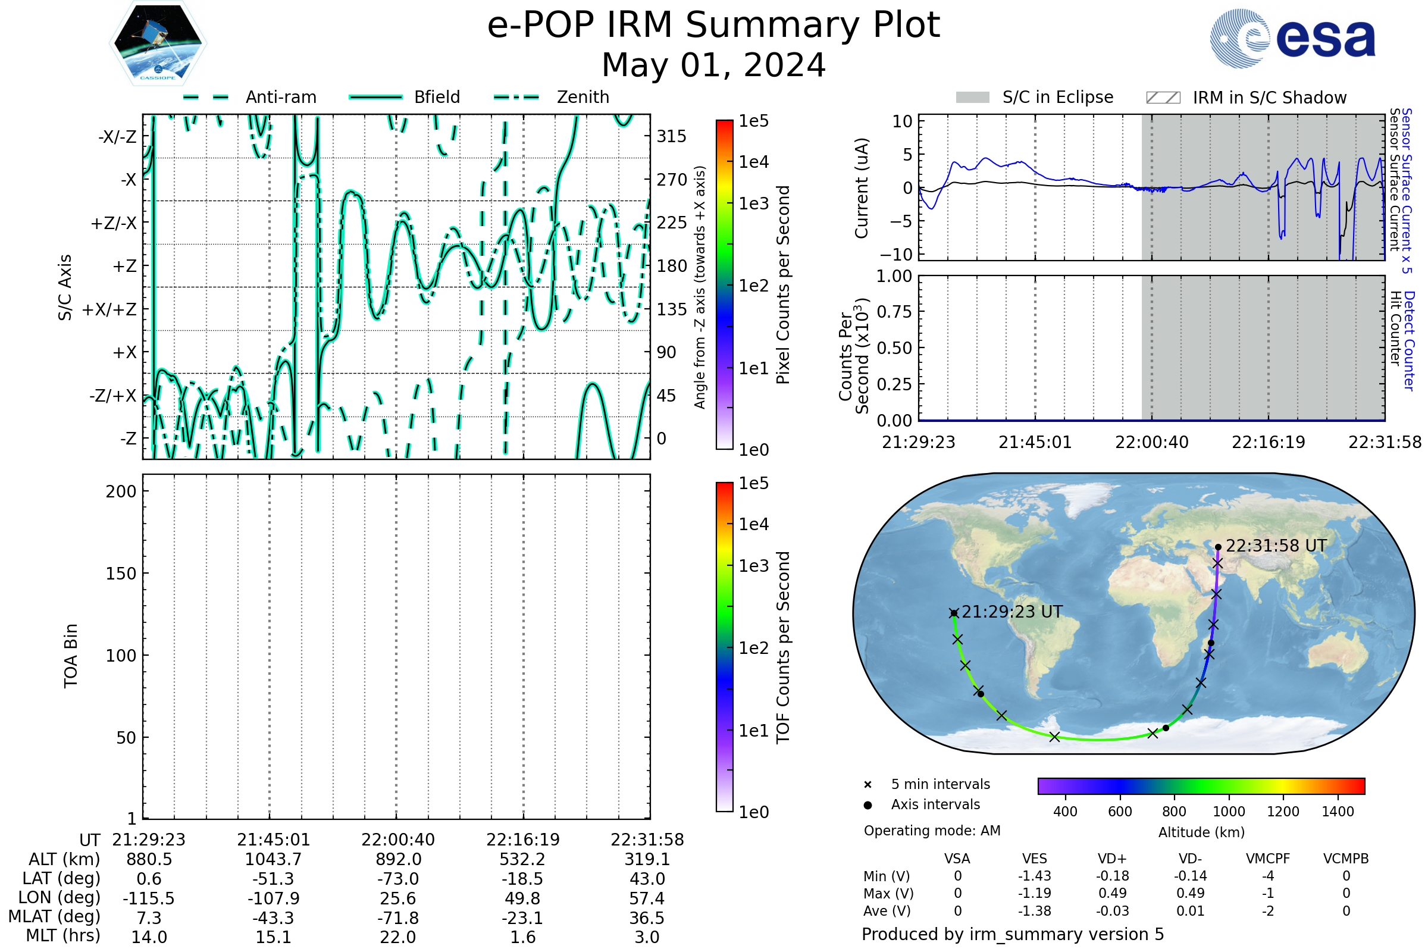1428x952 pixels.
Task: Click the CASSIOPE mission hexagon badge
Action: tap(158, 42)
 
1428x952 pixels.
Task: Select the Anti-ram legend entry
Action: tap(249, 97)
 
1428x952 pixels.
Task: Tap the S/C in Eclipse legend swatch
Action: tap(973, 97)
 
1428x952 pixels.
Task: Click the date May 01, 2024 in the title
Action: tap(713, 65)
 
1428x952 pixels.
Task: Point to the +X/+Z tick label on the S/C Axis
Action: tap(109, 309)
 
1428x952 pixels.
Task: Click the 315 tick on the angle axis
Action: tap(672, 136)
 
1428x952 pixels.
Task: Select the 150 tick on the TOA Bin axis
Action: tap(121, 574)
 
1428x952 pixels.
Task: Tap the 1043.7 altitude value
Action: tap(273, 859)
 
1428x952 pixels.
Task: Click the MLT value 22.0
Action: tap(397, 937)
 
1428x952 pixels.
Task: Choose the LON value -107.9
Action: tap(273, 898)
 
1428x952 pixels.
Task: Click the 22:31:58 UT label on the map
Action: tap(1276, 546)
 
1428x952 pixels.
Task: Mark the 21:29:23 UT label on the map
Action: tap(1012, 612)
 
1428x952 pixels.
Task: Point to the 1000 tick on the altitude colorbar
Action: tap(1229, 812)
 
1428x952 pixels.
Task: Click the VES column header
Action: tap(1035, 859)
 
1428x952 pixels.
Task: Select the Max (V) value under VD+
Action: tap(1112, 893)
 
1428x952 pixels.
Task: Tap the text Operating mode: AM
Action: tap(932, 831)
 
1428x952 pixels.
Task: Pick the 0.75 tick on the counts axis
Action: tap(894, 311)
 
